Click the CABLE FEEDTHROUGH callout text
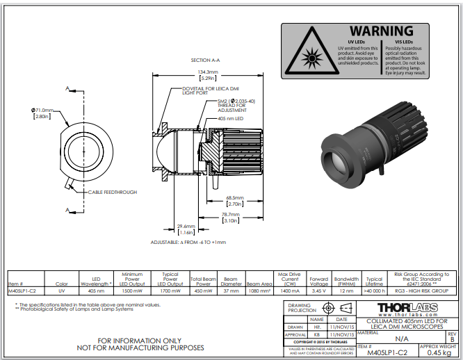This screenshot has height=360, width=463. [112, 192]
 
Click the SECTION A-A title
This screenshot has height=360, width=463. [206, 60]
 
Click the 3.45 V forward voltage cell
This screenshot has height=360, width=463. [319, 291]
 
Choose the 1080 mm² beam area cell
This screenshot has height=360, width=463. [259, 291]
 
